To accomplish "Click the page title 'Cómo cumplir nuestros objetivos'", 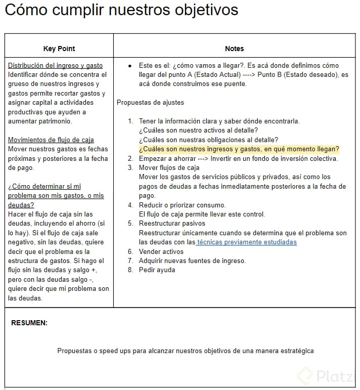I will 121,10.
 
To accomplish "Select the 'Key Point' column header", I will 59,49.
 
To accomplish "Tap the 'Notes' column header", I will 234,49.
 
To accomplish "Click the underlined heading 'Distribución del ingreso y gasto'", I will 56,66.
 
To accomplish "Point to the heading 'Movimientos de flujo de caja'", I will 51,140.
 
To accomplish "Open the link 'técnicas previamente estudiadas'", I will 247,242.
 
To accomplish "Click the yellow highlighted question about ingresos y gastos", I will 239,149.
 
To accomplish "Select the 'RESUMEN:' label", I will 29,323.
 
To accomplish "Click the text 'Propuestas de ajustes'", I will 150,103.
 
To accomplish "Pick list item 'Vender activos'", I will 161,251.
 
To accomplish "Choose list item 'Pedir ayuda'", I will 157,270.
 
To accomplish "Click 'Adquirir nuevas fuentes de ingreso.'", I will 192,261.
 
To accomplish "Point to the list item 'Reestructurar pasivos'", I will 172,223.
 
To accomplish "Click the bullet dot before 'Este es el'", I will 130,66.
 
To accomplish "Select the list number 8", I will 130,270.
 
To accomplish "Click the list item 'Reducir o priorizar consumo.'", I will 182,205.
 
